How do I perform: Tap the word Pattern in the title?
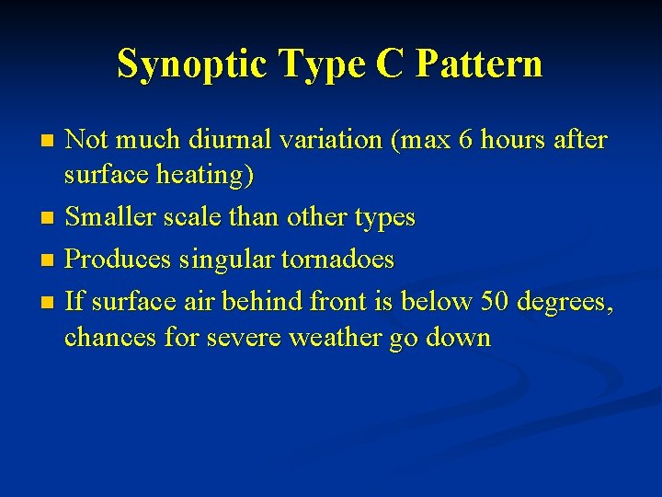click(x=479, y=64)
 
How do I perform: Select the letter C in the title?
click(x=388, y=64)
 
